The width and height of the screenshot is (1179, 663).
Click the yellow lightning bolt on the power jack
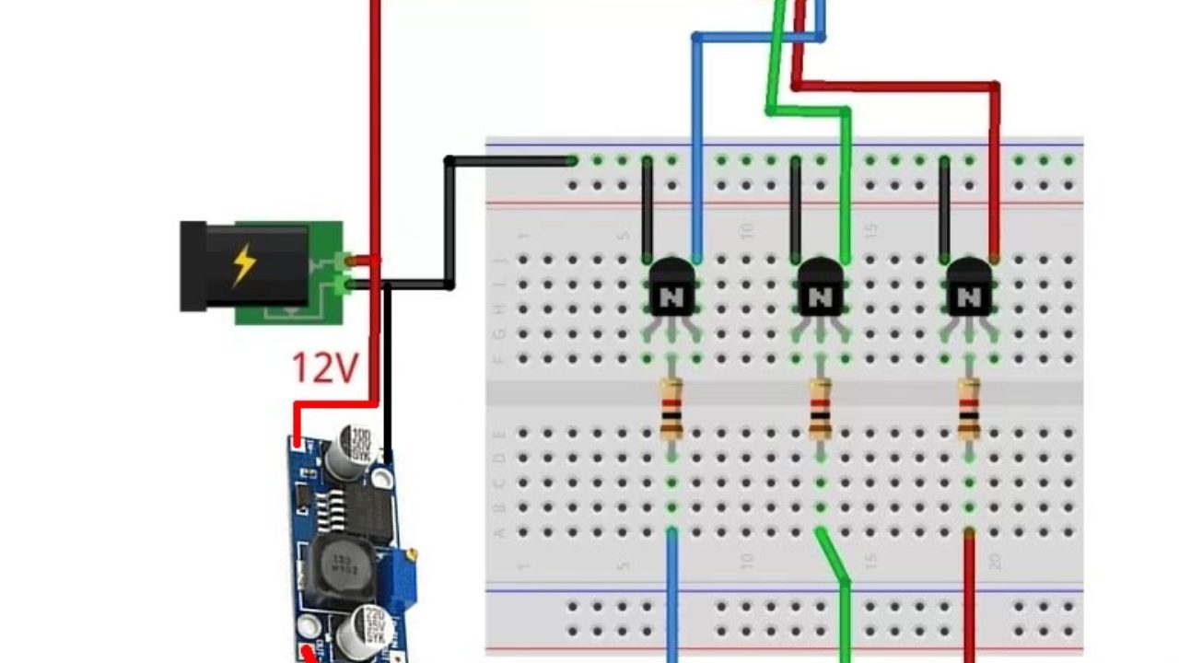click(244, 265)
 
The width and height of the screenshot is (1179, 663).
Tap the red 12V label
click(323, 368)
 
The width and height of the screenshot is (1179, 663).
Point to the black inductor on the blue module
click(337, 571)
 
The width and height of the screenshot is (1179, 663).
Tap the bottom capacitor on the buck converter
click(356, 634)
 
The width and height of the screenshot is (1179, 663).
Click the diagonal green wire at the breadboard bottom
click(833, 557)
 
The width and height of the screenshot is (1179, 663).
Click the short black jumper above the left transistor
click(648, 207)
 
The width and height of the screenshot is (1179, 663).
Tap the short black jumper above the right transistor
click(944, 207)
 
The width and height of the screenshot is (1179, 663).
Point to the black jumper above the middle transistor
click(796, 207)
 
